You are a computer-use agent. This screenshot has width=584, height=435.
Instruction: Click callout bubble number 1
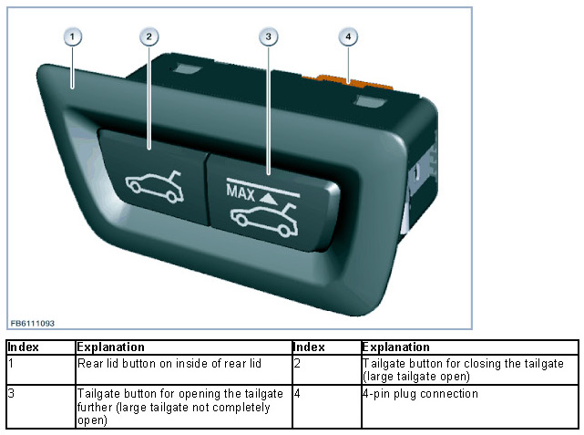point(74,36)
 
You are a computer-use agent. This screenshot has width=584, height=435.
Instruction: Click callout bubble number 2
point(150,36)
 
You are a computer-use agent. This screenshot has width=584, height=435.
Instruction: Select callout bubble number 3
point(267,36)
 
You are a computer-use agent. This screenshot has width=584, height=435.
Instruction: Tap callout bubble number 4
point(347,36)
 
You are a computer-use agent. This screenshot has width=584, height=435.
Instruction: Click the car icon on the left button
point(151,182)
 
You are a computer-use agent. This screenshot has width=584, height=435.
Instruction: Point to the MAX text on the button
point(240,193)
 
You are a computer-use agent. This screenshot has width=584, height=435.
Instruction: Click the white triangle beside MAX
point(268,194)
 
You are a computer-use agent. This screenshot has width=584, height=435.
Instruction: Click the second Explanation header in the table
point(395,347)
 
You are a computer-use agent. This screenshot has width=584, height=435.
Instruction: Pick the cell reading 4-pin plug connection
point(419,394)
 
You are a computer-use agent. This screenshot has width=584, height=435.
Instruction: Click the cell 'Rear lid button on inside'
point(169,364)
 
